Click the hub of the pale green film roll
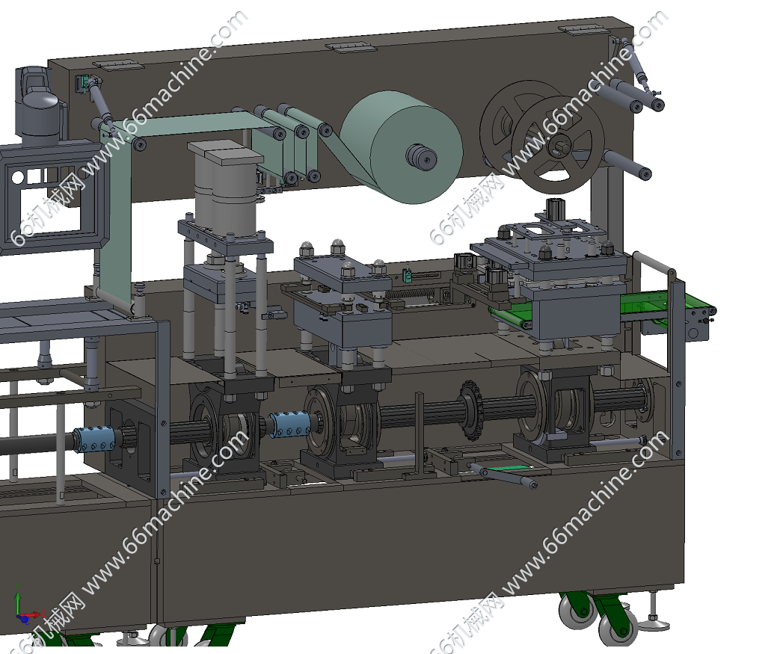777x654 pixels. (x=421, y=157)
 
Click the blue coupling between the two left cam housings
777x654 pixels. (x=289, y=425)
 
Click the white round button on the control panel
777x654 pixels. (x=17, y=177)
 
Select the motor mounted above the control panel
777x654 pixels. (x=39, y=105)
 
